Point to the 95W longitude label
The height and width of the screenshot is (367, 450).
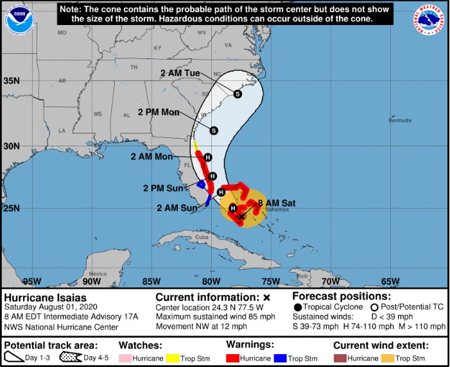coord(31,281)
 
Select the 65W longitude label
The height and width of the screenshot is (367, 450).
coord(390,281)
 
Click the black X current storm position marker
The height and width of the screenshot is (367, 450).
coord(241,217)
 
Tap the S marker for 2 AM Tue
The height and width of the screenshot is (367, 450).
coord(238,94)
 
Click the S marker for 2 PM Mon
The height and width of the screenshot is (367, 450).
coord(214,130)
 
